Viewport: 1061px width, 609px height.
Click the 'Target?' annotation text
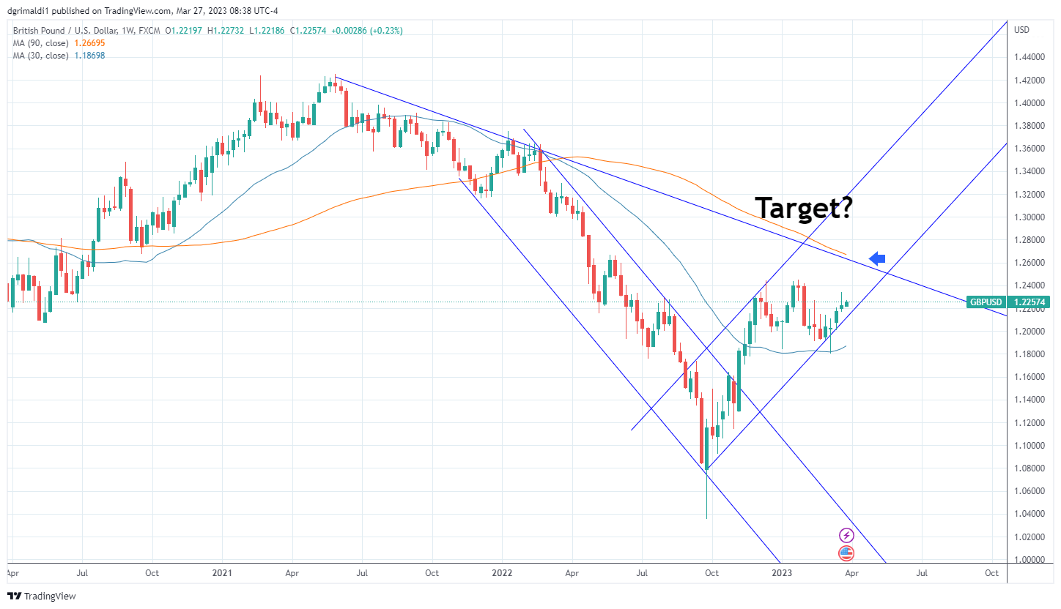tap(804, 208)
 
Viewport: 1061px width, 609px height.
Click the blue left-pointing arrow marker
tap(877, 258)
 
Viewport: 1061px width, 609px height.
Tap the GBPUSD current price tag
tap(1007, 302)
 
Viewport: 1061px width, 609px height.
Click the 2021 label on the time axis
tap(222, 573)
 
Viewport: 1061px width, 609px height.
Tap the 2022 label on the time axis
tap(502, 573)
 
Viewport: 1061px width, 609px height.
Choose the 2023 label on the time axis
tap(782, 573)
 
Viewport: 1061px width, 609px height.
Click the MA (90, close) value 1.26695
tap(90, 43)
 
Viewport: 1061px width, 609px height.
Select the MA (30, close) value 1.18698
tap(90, 56)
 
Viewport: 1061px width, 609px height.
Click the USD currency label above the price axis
tap(1021, 30)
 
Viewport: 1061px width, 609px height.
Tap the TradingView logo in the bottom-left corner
tap(42, 596)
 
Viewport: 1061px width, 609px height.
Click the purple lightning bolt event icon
tap(846, 536)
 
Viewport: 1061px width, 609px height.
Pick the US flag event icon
tap(846, 553)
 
